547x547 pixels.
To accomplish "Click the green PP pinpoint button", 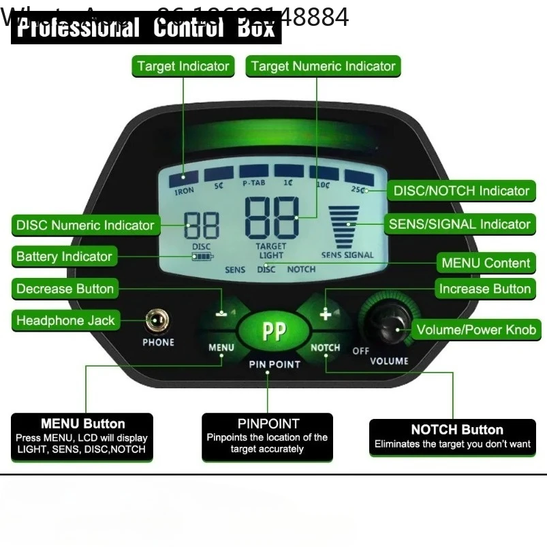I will coord(274,331).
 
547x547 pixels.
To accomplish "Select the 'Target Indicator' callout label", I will coord(183,66).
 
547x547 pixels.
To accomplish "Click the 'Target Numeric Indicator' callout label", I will coord(323,66).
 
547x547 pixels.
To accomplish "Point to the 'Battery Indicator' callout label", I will coord(64,257).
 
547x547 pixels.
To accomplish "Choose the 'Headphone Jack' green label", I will coord(65,321).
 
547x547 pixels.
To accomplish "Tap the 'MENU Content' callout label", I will coord(485,263).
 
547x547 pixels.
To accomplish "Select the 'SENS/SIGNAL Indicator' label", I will coord(459,224).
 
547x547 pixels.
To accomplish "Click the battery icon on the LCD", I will coord(202,257).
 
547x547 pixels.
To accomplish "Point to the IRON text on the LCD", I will coord(184,192).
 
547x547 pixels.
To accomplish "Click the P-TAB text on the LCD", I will coord(254,183).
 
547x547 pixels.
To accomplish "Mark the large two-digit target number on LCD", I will coord(272,217).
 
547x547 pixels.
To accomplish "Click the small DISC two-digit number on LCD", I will coord(202,225).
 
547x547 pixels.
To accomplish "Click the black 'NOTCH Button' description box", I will coord(457,437).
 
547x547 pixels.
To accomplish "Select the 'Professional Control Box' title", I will coord(146,29).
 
